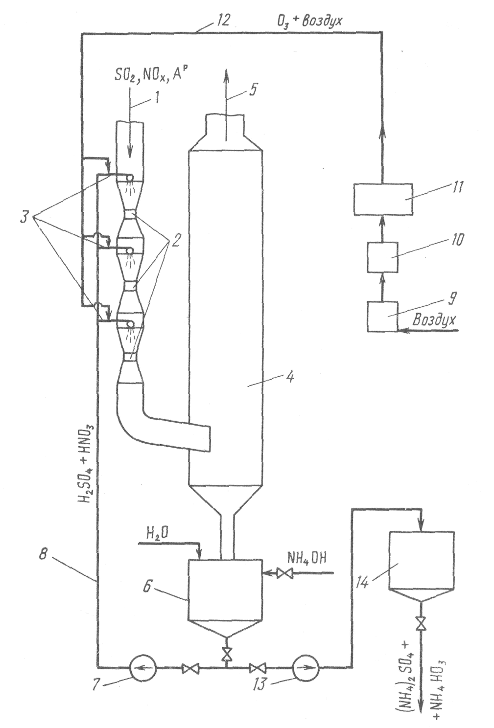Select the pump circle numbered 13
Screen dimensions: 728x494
[x=306, y=666]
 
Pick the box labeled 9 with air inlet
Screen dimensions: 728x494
[x=382, y=316]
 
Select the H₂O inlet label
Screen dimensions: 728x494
[x=157, y=533]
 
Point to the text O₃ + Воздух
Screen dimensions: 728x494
[x=309, y=22]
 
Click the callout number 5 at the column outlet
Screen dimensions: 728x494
[x=252, y=91]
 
